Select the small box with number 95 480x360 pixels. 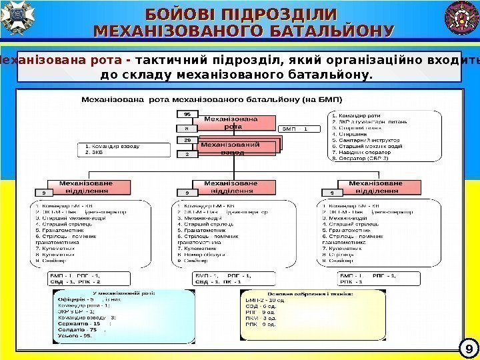tap(187, 114)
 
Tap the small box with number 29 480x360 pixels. tap(187, 140)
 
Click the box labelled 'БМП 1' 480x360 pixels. tap(295, 128)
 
